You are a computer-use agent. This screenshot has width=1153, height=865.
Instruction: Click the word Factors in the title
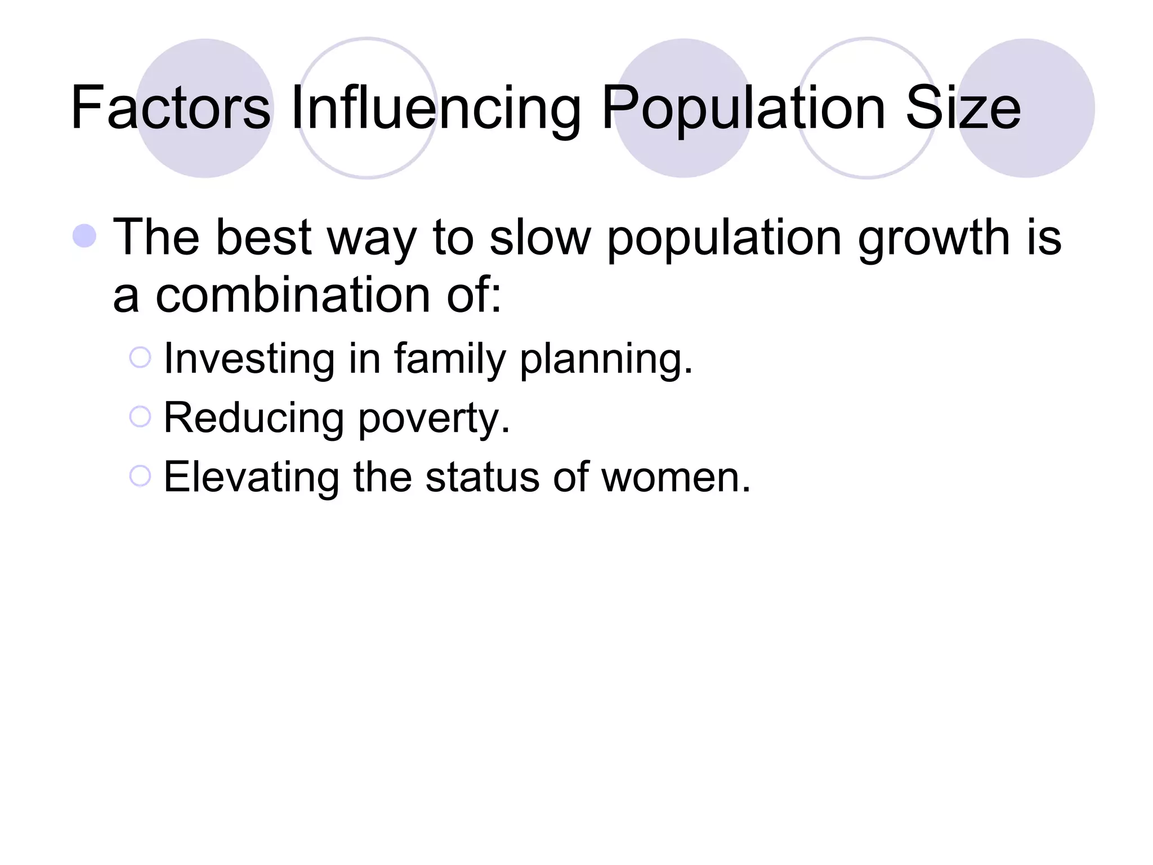(x=171, y=108)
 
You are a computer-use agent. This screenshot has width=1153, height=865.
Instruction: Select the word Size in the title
(x=963, y=108)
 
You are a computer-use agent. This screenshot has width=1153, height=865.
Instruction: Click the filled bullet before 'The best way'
(x=84, y=236)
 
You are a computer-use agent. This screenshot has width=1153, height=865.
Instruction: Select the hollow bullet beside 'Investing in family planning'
(x=140, y=358)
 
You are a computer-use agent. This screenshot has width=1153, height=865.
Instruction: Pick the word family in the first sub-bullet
(x=450, y=360)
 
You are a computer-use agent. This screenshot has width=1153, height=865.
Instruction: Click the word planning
(x=605, y=360)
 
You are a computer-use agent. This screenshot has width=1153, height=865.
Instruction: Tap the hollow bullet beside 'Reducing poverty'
(x=140, y=417)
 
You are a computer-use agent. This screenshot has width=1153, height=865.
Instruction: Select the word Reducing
(x=253, y=419)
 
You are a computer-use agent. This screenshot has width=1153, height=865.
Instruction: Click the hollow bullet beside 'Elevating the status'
(x=140, y=476)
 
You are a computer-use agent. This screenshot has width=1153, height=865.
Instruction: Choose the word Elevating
(x=251, y=478)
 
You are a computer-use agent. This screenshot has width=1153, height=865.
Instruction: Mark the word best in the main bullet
(x=263, y=237)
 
